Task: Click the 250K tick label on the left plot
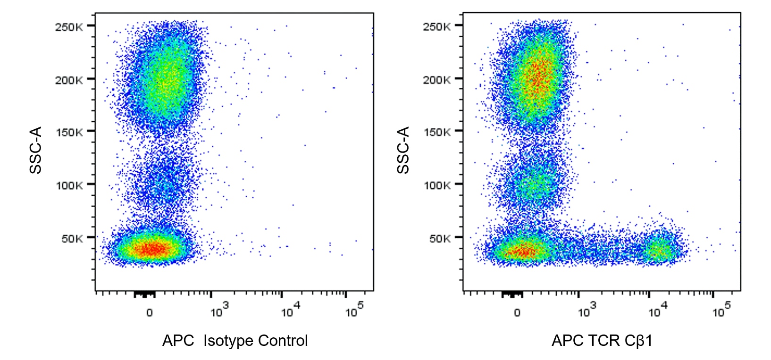point(69,27)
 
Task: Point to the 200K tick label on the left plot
point(69,80)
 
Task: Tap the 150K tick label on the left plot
point(69,133)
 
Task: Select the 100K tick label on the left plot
point(69,185)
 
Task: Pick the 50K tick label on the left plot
point(72,239)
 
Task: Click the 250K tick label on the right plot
point(436,27)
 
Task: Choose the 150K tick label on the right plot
point(436,133)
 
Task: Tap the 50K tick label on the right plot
point(439,239)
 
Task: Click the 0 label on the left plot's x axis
point(150,313)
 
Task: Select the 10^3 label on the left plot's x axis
point(219,311)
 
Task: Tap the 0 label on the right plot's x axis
point(517,313)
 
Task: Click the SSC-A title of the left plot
point(36,150)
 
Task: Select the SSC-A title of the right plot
point(403,150)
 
